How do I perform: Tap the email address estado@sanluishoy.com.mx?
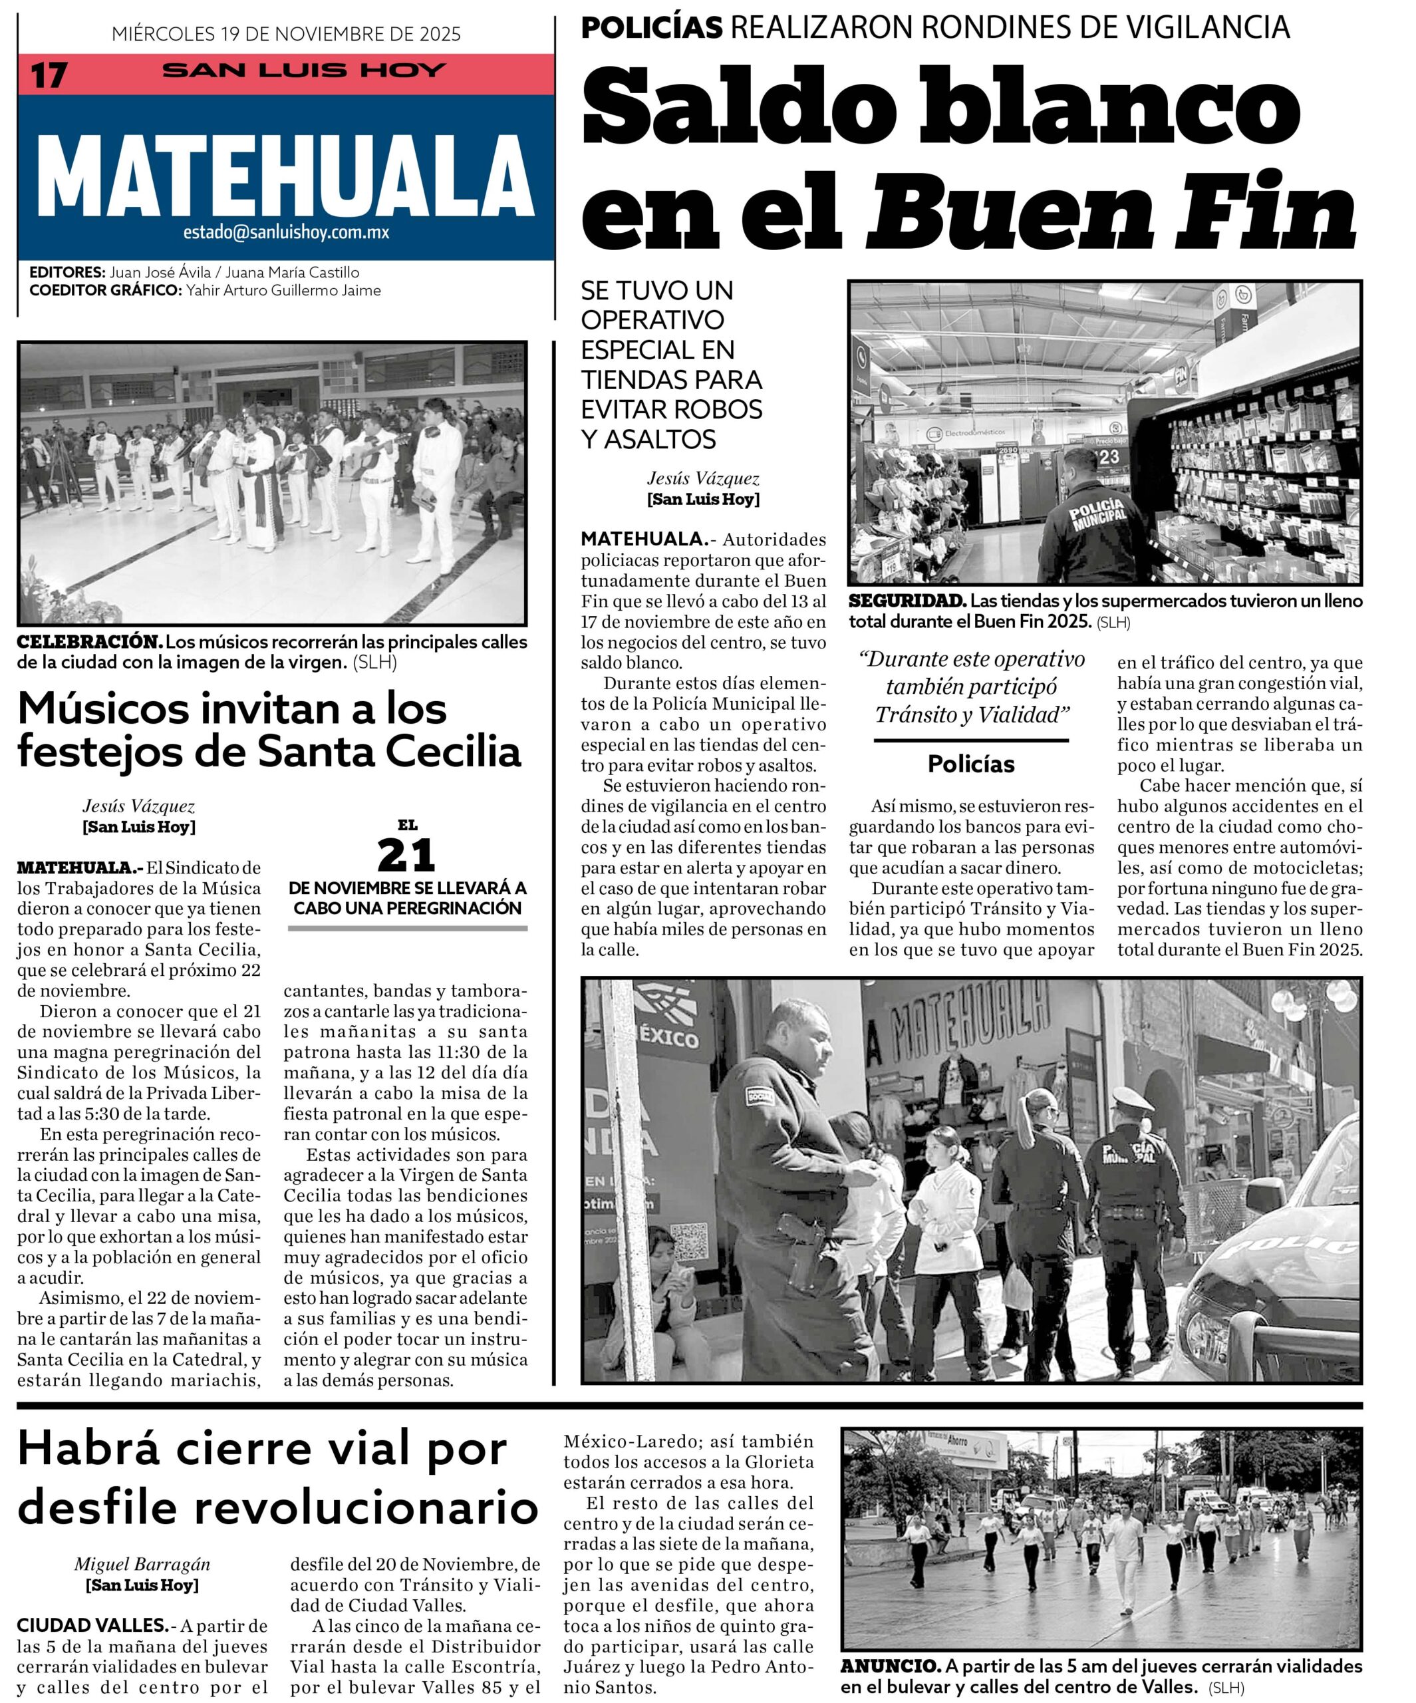(x=286, y=233)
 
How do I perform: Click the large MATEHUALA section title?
(x=285, y=176)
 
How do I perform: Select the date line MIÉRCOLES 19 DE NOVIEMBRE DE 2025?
(x=286, y=34)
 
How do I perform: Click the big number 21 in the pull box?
(x=406, y=855)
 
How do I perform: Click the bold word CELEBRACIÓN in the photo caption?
(x=90, y=641)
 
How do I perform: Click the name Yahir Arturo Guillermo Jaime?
(x=283, y=290)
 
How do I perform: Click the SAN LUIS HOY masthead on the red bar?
(x=303, y=71)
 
